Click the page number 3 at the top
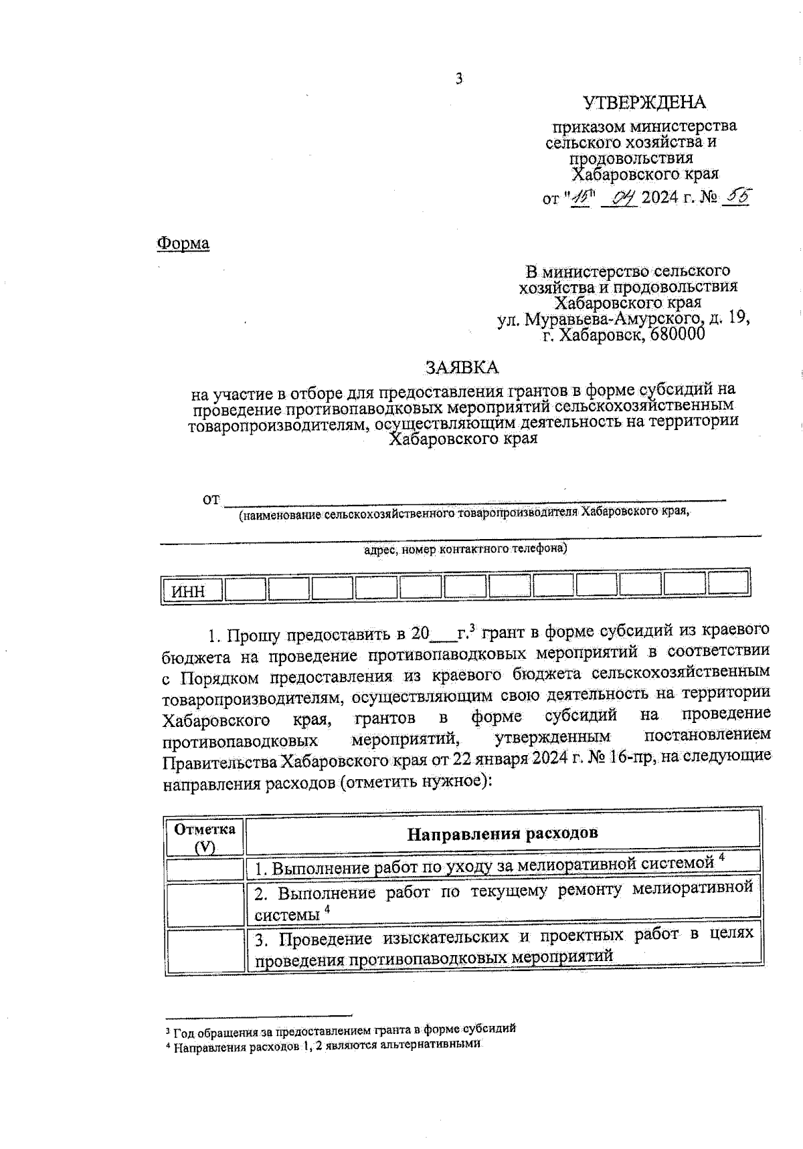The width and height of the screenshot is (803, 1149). (459, 79)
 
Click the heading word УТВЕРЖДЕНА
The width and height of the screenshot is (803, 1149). (644, 102)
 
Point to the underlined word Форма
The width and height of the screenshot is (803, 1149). (183, 243)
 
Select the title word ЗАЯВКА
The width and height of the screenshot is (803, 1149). (462, 367)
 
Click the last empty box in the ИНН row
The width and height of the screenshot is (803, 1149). (728, 585)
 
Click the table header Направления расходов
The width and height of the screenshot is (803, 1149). (502, 833)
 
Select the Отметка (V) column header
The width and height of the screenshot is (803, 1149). (205, 837)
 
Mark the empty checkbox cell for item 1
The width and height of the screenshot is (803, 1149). (205, 869)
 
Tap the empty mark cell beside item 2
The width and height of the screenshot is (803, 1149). (205, 904)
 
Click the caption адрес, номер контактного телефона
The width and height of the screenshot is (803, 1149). (464, 549)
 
